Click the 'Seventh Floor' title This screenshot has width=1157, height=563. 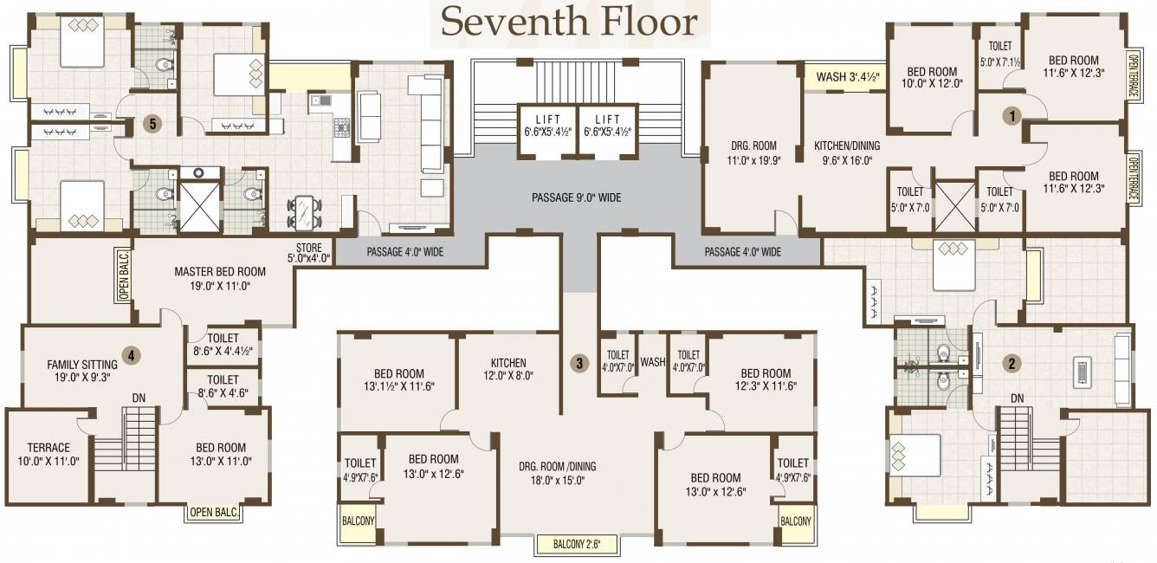click(568, 23)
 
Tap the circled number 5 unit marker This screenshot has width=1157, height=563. click(152, 124)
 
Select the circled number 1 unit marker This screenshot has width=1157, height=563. click(1010, 114)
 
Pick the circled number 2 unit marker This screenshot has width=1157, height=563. click(1010, 364)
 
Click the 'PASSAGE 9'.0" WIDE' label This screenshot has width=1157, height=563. click(576, 197)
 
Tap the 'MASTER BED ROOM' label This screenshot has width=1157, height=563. click(219, 278)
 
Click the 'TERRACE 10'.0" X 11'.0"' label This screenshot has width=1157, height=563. click(48, 454)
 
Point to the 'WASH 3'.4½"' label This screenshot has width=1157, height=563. click(848, 77)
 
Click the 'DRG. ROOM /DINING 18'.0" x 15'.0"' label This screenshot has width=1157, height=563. click(558, 473)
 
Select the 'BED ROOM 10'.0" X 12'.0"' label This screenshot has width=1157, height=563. click(932, 78)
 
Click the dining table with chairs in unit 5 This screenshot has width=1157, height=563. click(303, 212)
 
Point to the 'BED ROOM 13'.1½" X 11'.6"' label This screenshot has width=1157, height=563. click(398, 380)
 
